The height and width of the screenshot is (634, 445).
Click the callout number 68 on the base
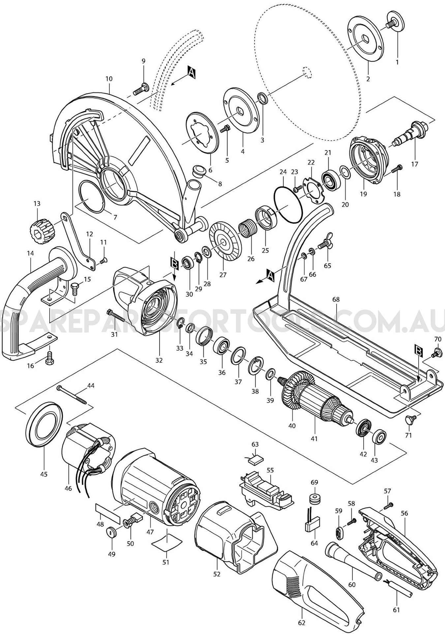point(336,300)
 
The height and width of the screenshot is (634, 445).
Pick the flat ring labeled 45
point(44,424)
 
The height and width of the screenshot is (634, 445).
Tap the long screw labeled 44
point(72,395)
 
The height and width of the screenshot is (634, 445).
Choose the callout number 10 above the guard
point(109,79)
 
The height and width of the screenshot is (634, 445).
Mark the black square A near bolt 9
point(192,72)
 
